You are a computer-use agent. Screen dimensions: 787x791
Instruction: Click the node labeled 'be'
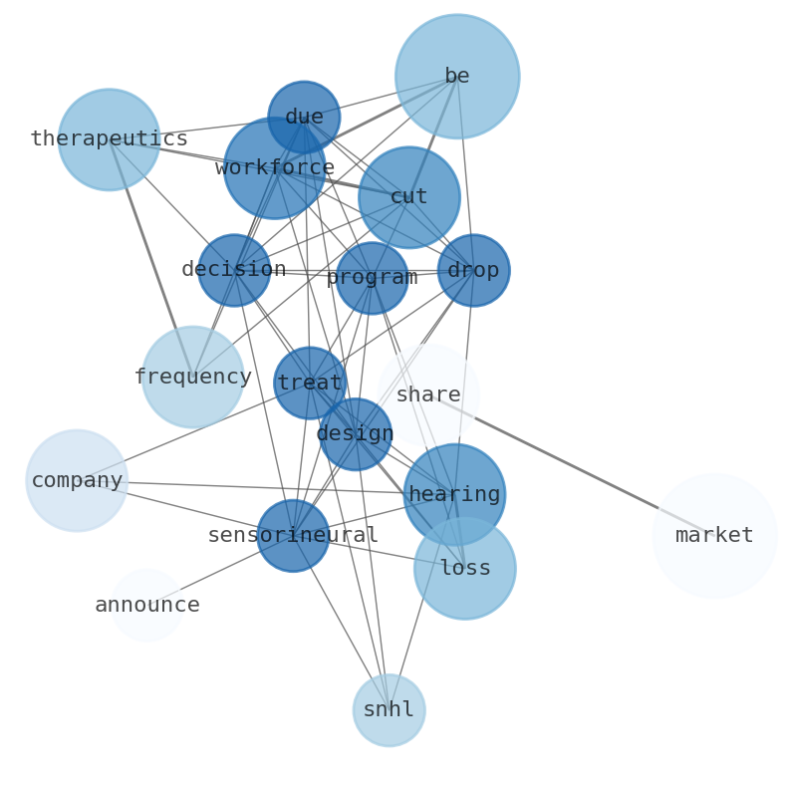click(457, 77)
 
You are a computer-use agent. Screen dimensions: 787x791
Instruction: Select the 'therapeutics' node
click(109, 139)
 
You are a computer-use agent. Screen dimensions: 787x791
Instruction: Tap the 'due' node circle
click(304, 118)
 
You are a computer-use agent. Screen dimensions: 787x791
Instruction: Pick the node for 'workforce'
click(274, 168)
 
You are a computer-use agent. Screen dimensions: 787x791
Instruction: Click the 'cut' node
click(409, 197)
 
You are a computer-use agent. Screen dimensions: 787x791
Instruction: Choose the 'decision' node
click(234, 270)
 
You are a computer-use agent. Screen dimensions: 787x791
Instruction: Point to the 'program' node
click(372, 278)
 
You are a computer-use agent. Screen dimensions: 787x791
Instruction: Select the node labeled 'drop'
click(473, 270)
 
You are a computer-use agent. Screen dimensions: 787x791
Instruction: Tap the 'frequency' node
click(192, 377)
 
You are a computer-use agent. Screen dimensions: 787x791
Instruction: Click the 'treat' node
click(310, 383)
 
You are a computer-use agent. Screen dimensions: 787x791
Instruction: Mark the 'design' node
click(356, 434)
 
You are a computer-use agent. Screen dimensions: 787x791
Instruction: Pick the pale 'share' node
click(428, 395)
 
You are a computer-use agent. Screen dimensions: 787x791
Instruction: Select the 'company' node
click(77, 480)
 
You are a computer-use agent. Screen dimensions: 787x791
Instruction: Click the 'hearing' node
click(454, 494)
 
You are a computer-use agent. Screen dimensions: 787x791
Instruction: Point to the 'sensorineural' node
click(293, 536)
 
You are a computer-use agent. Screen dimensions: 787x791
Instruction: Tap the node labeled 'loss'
click(465, 568)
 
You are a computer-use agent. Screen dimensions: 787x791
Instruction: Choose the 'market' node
click(714, 536)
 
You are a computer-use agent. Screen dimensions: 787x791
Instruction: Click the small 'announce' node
click(147, 605)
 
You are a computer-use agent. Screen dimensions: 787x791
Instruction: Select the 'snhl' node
click(389, 710)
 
